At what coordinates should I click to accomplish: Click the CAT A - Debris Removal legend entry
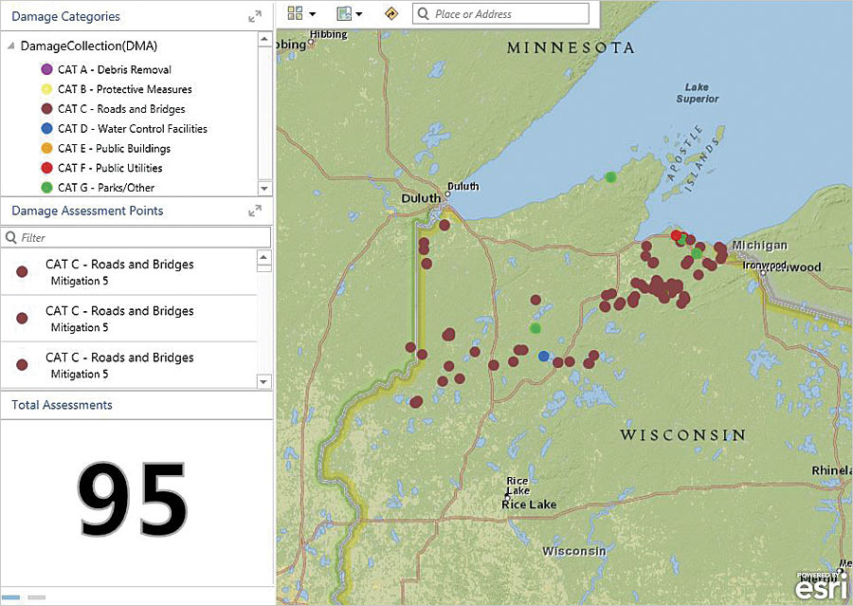(x=114, y=69)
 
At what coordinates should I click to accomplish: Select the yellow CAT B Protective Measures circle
(x=46, y=89)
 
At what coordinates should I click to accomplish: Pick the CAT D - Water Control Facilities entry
(x=132, y=129)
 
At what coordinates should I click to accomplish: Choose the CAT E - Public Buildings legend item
(x=114, y=149)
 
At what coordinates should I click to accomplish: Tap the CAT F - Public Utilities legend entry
(x=109, y=168)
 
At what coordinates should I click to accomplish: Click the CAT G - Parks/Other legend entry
(x=105, y=188)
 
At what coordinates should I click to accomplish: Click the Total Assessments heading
(x=62, y=405)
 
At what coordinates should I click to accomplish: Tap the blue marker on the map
(x=543, y=356)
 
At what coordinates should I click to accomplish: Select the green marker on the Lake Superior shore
(x=611, y=176)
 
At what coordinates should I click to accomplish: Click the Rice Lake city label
(x=529, y=504)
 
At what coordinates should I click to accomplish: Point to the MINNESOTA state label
(x=570, y=47)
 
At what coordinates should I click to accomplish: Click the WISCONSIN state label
(x=682, y=434)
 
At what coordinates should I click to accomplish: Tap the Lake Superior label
(x=697, y=93)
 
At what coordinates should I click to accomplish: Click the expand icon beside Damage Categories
(x=255, y=16)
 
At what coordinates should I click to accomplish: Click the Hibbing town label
(x=327, y=34)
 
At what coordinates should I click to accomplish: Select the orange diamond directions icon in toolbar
(x=390, y=13)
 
